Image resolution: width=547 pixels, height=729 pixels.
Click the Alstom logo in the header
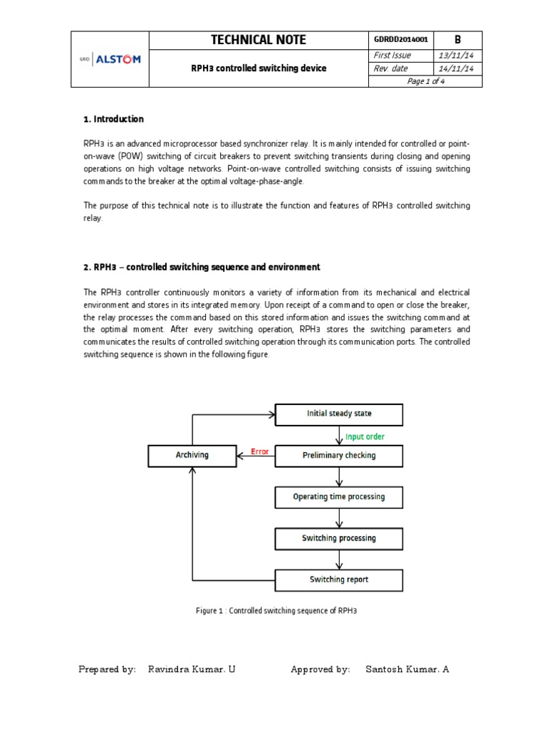coord(110,60)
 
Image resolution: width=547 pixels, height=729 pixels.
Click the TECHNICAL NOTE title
coord(259,41)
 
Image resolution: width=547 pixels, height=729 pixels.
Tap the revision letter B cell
coord(458,41)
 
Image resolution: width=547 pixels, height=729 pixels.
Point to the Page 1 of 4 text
coord(424,81)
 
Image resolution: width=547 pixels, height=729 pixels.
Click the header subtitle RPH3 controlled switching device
coord(258,68)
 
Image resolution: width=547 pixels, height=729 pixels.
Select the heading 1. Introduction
coord(114,119)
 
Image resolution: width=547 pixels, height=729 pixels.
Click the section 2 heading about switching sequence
coord(202,267)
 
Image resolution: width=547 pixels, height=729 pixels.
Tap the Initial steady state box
coord(338,414)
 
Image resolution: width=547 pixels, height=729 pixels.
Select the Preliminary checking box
coord(338,456)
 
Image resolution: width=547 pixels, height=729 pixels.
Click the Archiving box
coord(192,456)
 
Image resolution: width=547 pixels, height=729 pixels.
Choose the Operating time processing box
coord(338,497)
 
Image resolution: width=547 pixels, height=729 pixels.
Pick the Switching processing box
coord(338,538)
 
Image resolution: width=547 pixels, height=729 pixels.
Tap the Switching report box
coord(338,579)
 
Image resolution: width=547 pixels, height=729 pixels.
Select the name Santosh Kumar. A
coord(407,669)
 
